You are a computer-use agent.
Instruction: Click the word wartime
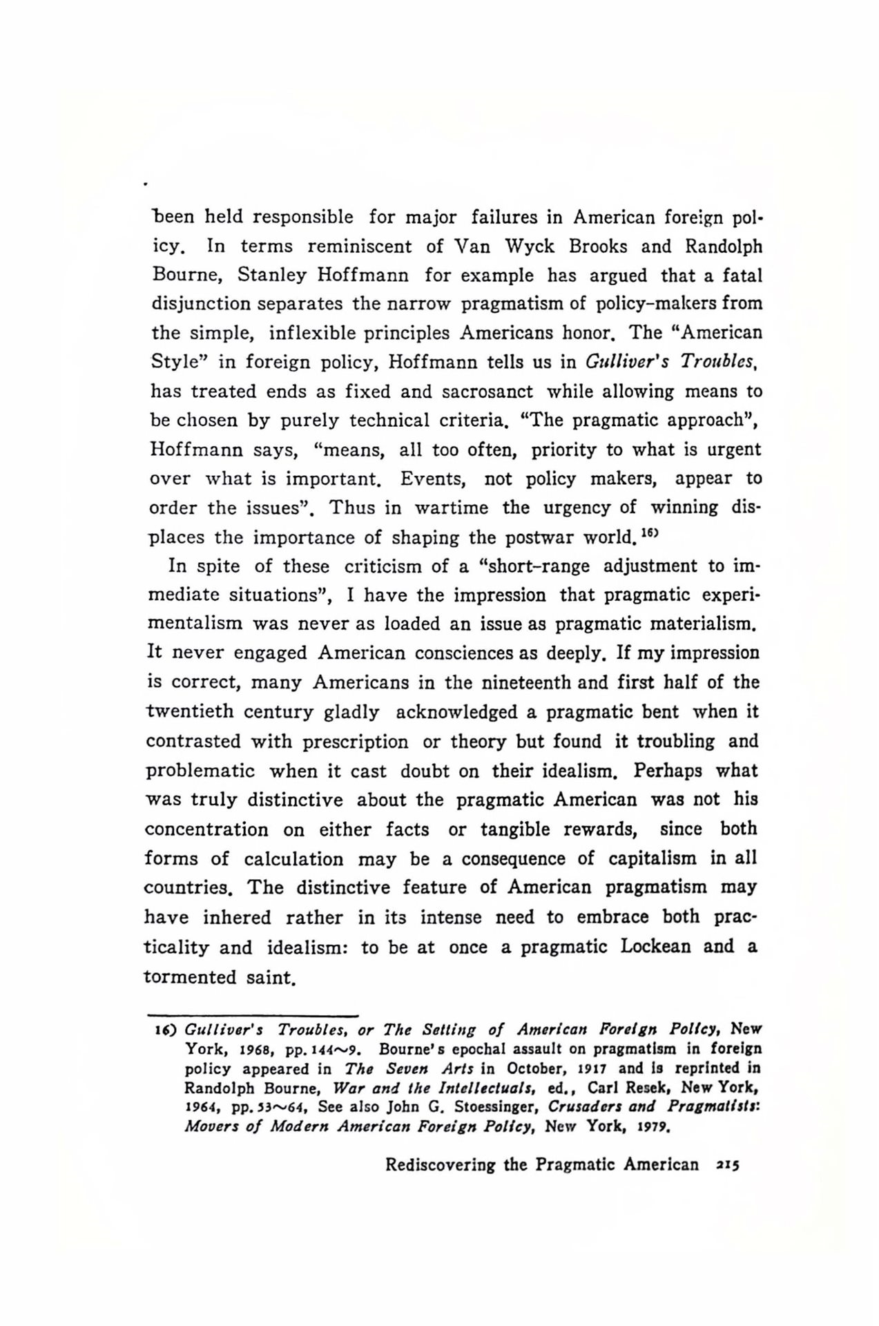tap(451, 508)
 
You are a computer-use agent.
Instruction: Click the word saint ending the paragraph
tap(271, 977)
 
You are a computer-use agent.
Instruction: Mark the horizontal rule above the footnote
tap(252, 1015)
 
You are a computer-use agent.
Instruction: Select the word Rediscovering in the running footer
tap(441, 1165)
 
